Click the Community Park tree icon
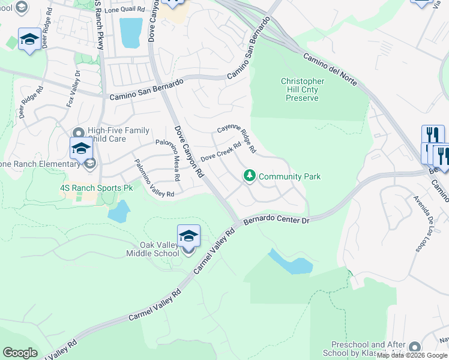tap(249, 176)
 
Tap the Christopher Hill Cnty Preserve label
tap(303, 89)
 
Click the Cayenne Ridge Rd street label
tap(237, 139)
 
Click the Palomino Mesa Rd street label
tap(175, 160)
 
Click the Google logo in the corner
tap(20, 353)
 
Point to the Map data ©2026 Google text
tap(412, 355)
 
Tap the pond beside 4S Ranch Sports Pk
tap(118, 211)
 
